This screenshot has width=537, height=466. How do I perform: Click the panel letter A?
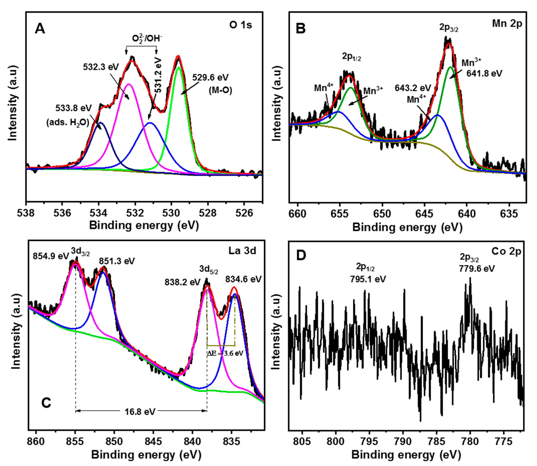pyautogui.click(x=40, y=29)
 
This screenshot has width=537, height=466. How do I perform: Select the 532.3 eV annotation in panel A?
pyautogui.click(x=101, y=67)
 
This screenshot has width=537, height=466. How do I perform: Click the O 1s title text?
pyautogui.click(x=240, y=25)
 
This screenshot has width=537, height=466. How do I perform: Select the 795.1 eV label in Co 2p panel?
pyautogui.click(x=367, y=279)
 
